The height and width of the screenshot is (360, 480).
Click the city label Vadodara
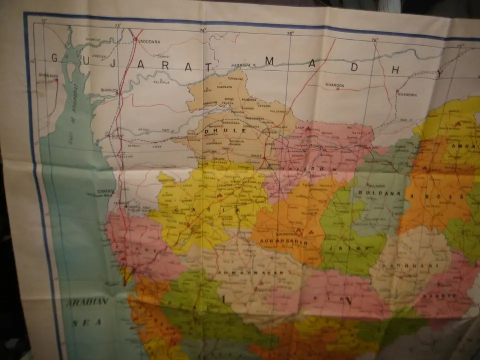click(x=149, y=41)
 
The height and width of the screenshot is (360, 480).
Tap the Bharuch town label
click(x=108, y=90)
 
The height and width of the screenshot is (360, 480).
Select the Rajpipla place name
click(x=161, y=81)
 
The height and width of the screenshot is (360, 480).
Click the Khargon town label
click(x=335, y=85)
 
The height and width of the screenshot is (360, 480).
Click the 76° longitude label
click(x=374, y=39)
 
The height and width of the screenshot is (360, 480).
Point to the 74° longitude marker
click(x=202, y=30)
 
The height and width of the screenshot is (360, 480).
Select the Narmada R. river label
click(x=243, y=65)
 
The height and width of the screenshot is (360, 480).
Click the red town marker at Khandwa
click(x=397, y=91)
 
